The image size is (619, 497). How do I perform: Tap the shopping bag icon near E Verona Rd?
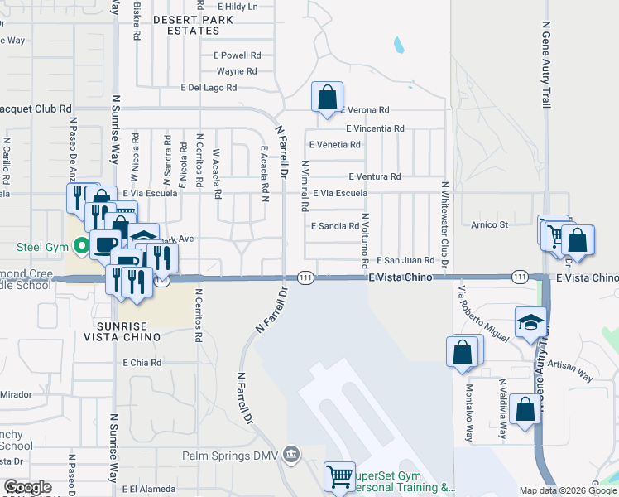[x=328, y=98]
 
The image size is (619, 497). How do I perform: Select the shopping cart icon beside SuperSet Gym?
[x=339, y=477]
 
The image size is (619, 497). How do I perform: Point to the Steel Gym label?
[x=41, y=246]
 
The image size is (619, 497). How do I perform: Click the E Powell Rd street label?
[x=237, y=55]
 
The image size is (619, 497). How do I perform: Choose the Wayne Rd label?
[x=237, y=71]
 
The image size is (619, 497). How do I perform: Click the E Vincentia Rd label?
[x=375, y=128]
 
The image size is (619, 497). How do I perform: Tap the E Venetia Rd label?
[x=334, y=144]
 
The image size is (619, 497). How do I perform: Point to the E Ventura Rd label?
[x=374, y=176]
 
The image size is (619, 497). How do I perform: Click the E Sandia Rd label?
[x=335, y=225]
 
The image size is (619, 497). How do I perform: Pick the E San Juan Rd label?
[x=405, y=260]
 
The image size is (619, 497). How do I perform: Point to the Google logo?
[x=27, y=487]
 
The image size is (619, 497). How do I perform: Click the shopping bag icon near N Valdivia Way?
[x=525, y=409]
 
